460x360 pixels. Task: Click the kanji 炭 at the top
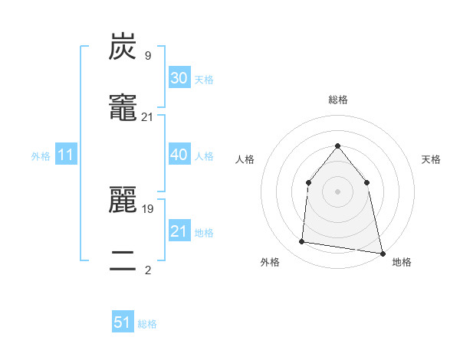tap(123, 47)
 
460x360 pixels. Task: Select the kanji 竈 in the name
tap(123, 108)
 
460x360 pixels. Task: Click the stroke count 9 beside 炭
tap(147, 55)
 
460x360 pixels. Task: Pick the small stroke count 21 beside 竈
tap(147, 116)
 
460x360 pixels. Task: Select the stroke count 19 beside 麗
tap(147, 208)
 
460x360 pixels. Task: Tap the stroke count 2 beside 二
tap(147, 270)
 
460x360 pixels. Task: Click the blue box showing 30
tap(179, 78)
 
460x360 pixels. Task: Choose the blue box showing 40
tap(179, 155)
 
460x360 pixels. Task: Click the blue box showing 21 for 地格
tap(179, 231)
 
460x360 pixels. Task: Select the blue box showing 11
tap(65, 155)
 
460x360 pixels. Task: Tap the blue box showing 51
tap(123, 322)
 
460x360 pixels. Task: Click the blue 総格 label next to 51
tap(147, 324)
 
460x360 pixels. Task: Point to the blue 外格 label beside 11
tap(41, 156)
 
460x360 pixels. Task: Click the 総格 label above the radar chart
tap(337, 100)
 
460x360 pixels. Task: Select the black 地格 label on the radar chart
tap(402, 263)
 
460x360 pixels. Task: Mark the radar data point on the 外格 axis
tap(302, 242)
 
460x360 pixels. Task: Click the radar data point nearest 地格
tap(382, 252)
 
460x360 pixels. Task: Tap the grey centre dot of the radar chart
tap(337, 191)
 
